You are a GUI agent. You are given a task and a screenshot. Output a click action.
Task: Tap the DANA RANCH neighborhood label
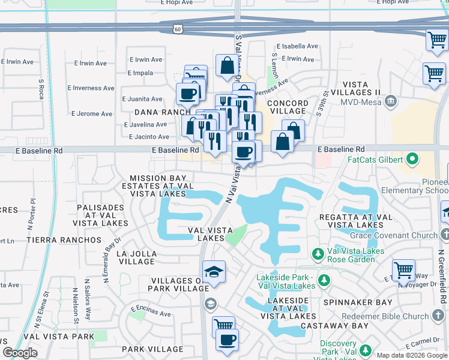[158, 112]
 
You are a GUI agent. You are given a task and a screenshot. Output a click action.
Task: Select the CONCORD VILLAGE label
[287, 107]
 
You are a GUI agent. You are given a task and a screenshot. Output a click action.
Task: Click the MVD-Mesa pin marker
[391, 100]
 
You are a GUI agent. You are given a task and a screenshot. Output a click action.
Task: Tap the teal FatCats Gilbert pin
[412, 160]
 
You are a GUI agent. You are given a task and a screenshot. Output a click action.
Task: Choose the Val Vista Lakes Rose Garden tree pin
[317, 254]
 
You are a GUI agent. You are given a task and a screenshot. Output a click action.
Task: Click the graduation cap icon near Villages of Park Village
[214, 273]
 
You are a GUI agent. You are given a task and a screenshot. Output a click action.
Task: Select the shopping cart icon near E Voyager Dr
[403, 271]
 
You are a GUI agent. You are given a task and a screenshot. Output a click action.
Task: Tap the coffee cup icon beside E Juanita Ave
[187, 94]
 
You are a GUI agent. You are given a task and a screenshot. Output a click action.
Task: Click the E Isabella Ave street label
[297, 46]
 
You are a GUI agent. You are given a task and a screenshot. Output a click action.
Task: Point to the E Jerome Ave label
[91, 113]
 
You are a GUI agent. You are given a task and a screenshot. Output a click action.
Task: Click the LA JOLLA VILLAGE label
[129, 258]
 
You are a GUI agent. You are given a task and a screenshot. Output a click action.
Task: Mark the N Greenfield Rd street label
[442, 276]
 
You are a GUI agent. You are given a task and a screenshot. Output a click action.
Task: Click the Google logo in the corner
[20, 352]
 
